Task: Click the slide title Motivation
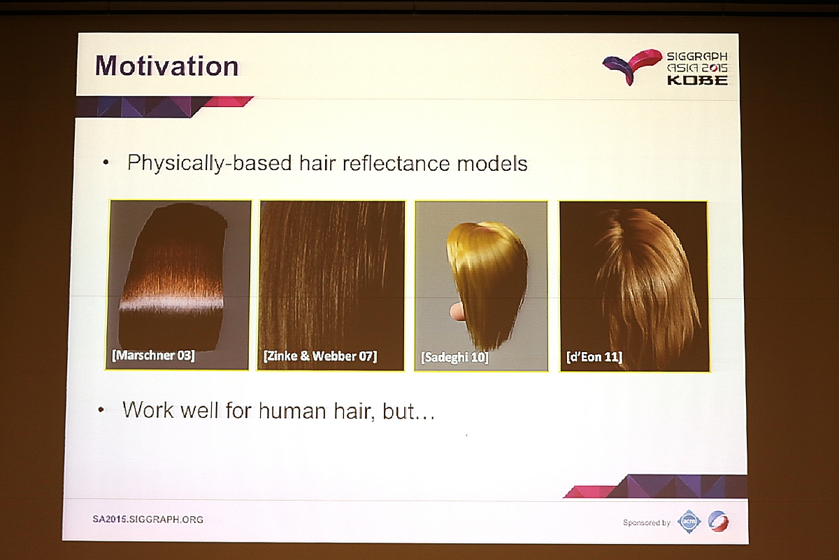tap(166, 66)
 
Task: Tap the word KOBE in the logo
tap(698, 80)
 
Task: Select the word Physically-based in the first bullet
tap(209, 164)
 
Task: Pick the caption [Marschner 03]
tap(153, 355)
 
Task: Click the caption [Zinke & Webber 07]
tap(320, 356)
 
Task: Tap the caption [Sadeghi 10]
tap(454, 357)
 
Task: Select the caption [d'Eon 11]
tap(594, 357)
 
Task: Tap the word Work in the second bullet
tap(148, 410)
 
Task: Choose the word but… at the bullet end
tap(408, 412)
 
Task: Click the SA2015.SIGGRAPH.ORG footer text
tap(148, 519)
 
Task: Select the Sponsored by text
tap(647, 522)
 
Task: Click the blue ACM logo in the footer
tap(689, 521)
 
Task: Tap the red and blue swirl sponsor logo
tap(719, 521)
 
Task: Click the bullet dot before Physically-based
tap(106, 162)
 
